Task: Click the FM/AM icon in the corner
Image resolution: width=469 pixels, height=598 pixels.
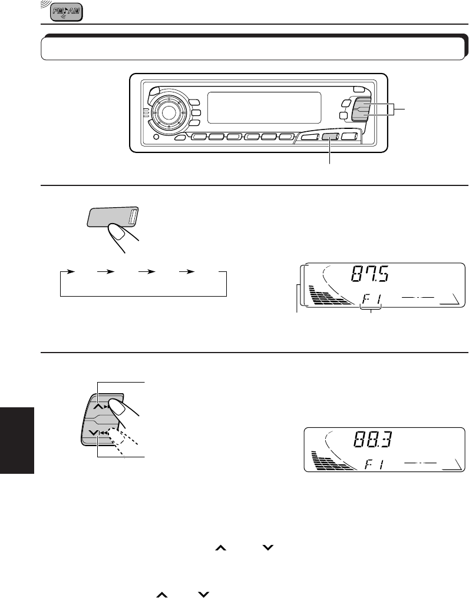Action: click(66, 11)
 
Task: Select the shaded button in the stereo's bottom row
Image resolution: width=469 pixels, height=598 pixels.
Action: click(331, 137)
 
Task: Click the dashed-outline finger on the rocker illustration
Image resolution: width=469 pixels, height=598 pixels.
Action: click(125, 443)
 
